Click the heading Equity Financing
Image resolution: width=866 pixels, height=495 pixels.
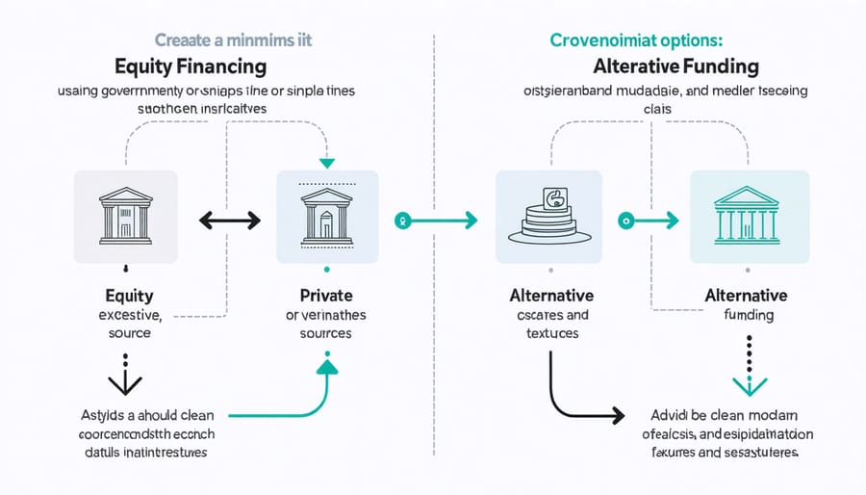(x=191, y=67)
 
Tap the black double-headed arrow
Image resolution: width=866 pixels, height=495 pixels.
(x=229, y=221)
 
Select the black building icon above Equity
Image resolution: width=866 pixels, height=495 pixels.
(x=125, y=216)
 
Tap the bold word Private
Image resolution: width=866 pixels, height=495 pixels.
(x=325, y=296)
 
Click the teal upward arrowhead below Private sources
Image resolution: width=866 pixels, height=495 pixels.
(x=326, y=366)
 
